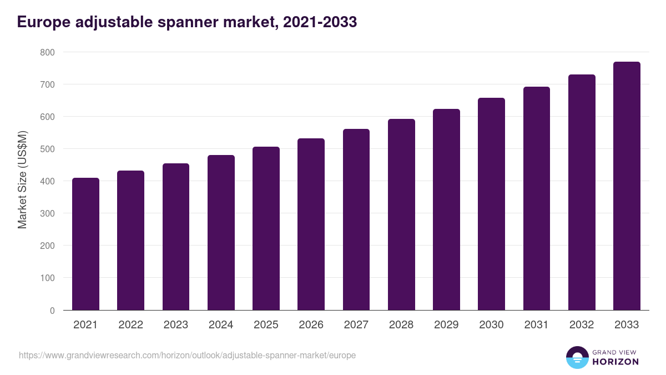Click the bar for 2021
85,244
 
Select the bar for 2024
221,233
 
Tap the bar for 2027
356,220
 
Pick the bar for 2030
492,204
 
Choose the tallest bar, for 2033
627,187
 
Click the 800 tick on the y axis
48,52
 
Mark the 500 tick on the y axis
48,149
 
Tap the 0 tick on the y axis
52,311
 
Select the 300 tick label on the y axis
48,213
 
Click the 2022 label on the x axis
130,325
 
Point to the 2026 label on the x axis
311,325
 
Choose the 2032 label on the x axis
582,325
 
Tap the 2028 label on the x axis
401,325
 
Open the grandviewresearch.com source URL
187,355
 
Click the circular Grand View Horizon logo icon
577,357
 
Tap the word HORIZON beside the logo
615,362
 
